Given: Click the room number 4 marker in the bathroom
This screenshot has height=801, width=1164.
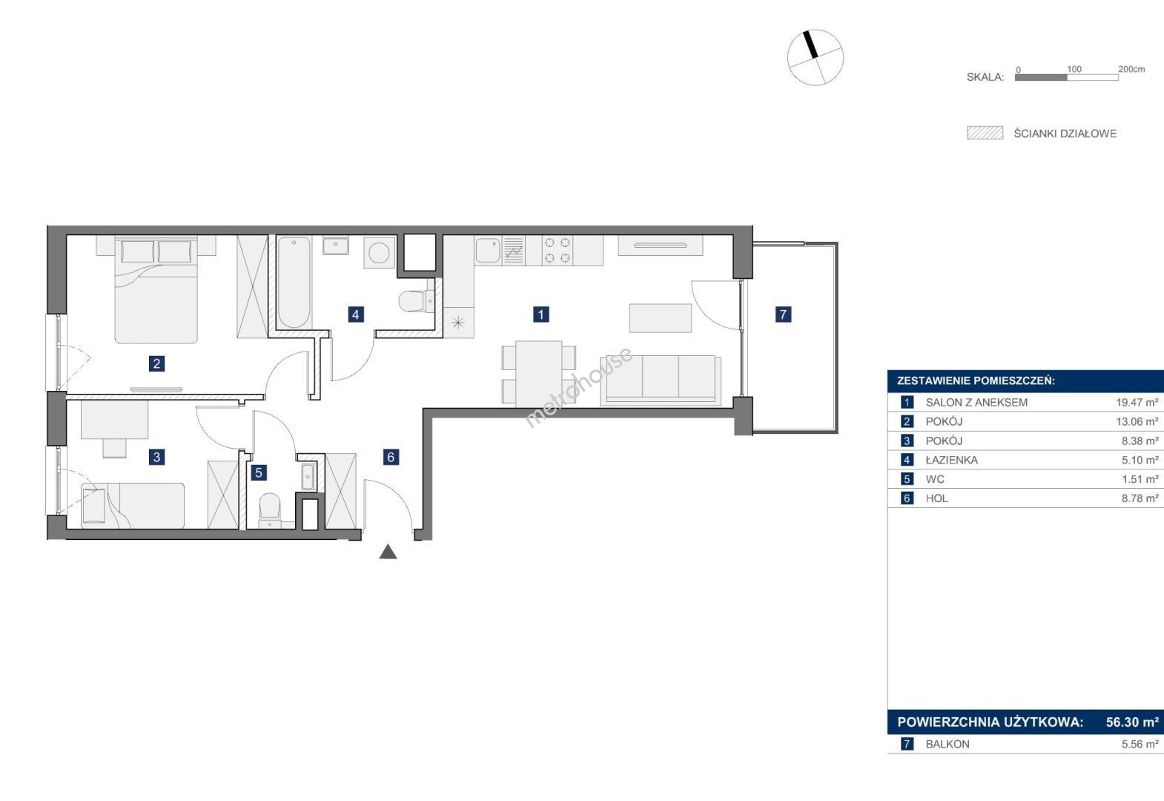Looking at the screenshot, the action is (355, 314).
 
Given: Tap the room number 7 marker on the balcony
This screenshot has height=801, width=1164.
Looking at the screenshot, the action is (783, 314).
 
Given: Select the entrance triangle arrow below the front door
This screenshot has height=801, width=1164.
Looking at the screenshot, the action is (388, 552).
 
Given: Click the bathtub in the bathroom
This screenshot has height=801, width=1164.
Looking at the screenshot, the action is (294, 283).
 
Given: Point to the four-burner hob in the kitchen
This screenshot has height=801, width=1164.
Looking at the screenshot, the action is (557, 250).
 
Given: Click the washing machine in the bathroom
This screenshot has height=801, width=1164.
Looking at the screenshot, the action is (380, 253).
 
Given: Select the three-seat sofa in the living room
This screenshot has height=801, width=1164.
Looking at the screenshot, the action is (661, 380).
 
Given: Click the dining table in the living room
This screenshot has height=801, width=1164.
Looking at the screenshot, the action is (539, 374).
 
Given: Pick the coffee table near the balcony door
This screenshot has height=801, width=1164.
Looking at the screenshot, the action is (661, 318).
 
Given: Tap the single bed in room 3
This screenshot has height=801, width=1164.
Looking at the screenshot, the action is (133, 506).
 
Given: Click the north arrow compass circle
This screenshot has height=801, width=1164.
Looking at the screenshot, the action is (816, 57).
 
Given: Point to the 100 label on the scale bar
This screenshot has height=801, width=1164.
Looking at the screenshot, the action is (1074, 69).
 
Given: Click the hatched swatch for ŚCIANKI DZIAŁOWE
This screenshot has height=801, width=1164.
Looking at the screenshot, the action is (985, 133).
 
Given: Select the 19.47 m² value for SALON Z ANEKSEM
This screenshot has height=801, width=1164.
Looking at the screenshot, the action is (1137, 402).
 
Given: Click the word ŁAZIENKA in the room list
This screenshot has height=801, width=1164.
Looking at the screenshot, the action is (951, 460).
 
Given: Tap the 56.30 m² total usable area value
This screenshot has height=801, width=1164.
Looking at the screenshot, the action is (1132, 722).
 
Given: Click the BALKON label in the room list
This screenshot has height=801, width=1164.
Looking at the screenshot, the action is (948, 745).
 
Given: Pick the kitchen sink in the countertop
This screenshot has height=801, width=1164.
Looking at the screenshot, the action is (487, 251).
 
